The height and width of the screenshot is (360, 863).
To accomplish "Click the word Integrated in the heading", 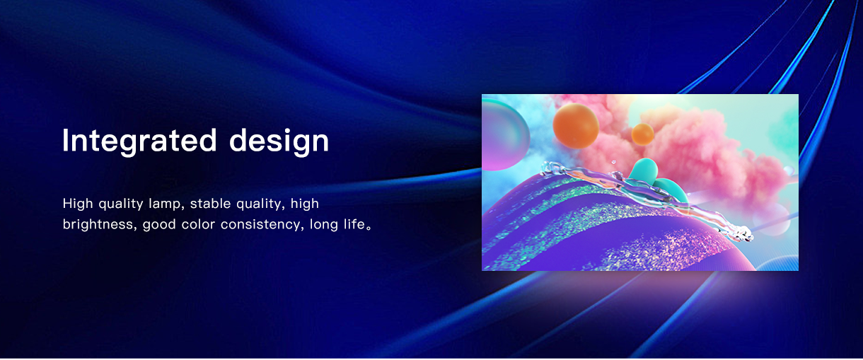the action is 139,141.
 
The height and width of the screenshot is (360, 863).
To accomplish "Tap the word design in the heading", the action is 279,141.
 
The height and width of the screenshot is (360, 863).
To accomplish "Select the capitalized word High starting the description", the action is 77,204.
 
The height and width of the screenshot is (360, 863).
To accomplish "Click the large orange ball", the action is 576,125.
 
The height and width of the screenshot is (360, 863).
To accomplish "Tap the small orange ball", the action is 642,134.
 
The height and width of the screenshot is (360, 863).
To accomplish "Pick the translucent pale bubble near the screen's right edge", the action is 771,219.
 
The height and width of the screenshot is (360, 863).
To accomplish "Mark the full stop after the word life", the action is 369,228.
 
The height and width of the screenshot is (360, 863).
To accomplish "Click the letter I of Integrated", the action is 65,140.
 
